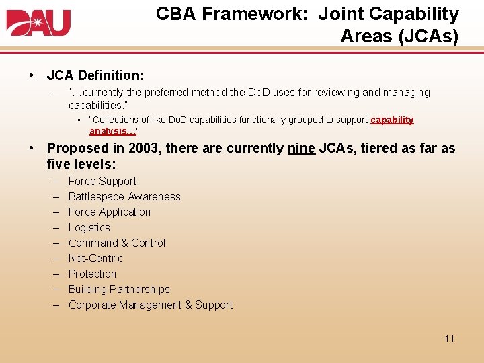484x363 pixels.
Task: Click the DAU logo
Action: [x=38, y=22]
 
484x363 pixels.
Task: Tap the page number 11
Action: [x=450, y=338]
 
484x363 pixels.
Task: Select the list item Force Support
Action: [x=102, y=181]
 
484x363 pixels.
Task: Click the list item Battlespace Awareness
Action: [x=124, y=196]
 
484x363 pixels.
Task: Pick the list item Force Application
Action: [x=110, y=212]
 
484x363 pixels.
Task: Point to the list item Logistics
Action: [x=89, y=227]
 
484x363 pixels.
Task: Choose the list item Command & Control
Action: [x=117, y=243]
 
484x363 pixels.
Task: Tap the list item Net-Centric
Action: [x=95, y=258]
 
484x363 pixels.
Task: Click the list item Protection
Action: [x=92, y=274]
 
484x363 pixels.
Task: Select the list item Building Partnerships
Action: [x=119, y=289]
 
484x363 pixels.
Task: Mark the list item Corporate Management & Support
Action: [x=151, y=305]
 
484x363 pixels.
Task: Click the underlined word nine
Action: [x=300, y=148]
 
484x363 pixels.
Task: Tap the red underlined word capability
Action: [x=392, y=120]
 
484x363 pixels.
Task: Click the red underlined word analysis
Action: [x=110, y=130]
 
